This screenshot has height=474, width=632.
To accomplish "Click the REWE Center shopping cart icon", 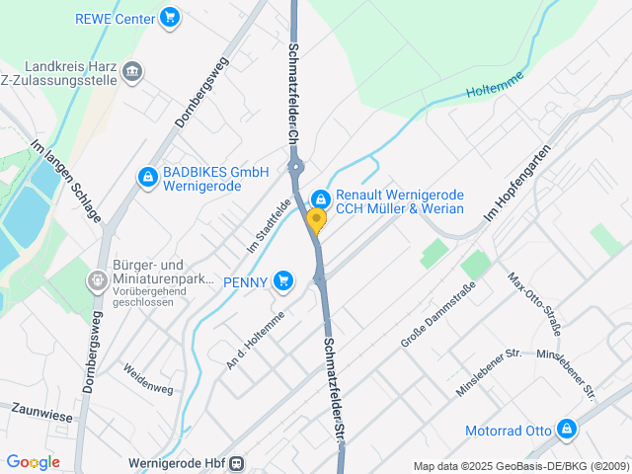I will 170,17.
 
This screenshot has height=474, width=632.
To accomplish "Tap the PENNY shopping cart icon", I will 284,281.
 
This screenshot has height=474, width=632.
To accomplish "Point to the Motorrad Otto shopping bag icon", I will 566,430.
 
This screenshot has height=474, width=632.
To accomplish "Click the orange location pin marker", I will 316,221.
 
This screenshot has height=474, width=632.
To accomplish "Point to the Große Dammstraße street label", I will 438,314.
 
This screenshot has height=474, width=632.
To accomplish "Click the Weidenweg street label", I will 147,378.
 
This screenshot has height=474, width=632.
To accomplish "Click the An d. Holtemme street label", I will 255,340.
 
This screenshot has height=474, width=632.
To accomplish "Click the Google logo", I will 33,462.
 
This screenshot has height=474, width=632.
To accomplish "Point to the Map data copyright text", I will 520,466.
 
